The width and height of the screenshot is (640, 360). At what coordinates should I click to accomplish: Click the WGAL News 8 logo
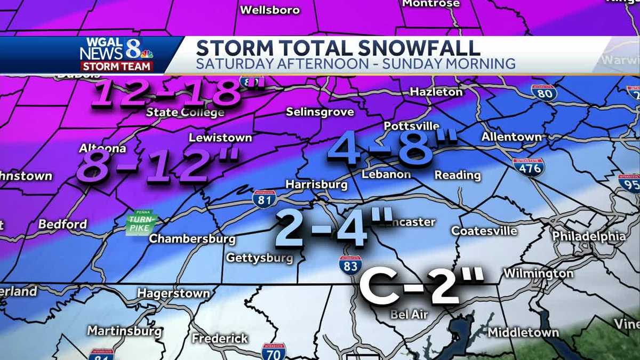pos(116,54)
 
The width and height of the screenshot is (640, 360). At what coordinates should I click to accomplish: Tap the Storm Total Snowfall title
pos(338,47)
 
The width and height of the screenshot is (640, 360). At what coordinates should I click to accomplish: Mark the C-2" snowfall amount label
pos(421,285)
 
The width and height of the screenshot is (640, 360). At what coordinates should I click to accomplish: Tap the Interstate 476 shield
pos(529,167)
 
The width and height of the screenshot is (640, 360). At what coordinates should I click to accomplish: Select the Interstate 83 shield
pos(350,265)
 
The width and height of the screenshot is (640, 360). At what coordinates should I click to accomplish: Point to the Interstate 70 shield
pos(274,351)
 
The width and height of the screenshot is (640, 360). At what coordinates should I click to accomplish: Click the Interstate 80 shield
pos(543,93)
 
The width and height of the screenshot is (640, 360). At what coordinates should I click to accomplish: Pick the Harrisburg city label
pos(316,185)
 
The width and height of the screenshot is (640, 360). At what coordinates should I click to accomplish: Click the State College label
pos(185,113)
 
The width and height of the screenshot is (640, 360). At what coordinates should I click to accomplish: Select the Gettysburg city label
pos(260,258)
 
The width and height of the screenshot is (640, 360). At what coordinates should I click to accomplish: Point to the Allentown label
pos(511,137)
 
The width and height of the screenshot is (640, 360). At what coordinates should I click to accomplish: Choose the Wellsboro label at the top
pos(270,10)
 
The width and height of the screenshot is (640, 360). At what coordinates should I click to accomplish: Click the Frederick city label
pos(220,339)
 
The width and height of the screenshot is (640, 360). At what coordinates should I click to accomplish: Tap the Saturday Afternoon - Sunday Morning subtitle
pos(356,64)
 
